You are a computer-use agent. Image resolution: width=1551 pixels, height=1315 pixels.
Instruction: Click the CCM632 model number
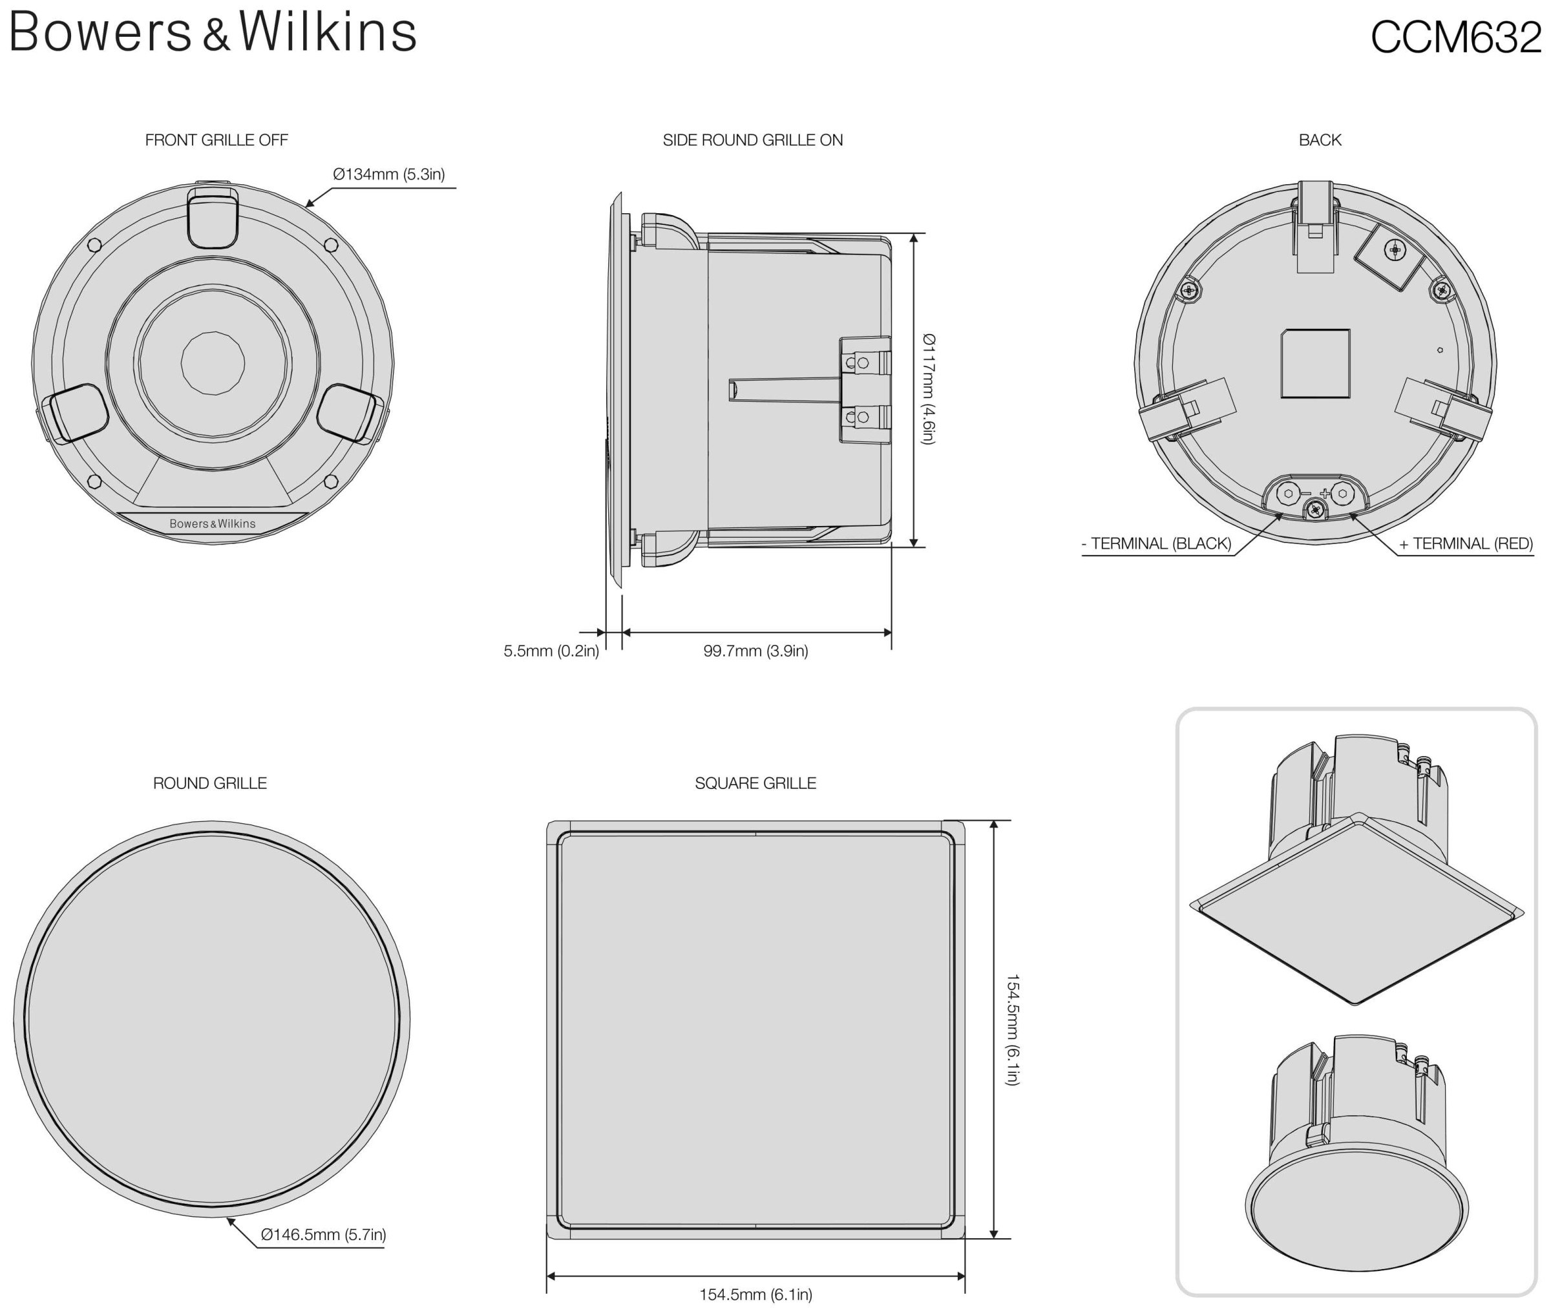click(1455, 37)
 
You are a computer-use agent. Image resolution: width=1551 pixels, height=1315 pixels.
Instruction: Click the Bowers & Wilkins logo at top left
click(213, 34)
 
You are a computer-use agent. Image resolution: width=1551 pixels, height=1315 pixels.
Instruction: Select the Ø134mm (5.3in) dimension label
click(388, 174)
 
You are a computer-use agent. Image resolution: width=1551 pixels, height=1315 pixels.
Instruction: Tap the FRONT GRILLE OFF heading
click(216, 140)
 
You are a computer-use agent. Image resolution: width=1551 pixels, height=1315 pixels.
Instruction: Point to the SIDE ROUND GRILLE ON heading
click(752, 140)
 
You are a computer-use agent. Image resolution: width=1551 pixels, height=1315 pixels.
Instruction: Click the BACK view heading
click(1319, 140)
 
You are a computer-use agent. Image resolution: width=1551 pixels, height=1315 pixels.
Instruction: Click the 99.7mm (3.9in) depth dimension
click(755, 651)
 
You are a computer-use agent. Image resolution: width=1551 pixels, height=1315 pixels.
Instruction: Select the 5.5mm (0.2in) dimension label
click(551, 651)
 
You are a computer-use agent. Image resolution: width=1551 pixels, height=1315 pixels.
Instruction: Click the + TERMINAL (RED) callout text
click(1465, 543)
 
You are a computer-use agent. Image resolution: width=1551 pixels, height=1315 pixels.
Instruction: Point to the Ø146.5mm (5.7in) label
click(323, 1234)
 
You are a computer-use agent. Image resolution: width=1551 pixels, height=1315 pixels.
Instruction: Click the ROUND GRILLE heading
click(209, 783)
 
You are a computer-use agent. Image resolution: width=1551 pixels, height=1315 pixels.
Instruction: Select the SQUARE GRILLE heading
click(755, 783)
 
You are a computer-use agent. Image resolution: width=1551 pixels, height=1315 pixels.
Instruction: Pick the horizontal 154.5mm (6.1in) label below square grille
click(755, 1295)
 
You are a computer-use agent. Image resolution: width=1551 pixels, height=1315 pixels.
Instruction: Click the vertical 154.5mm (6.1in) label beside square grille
click(1012, 1029)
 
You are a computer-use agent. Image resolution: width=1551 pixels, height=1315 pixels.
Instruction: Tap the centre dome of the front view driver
click(213, 363)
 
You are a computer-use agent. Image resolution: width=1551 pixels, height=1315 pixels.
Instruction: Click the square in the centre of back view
click(1315, 363)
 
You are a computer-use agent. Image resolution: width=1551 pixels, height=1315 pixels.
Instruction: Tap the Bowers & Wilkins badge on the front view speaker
click(213, 524)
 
